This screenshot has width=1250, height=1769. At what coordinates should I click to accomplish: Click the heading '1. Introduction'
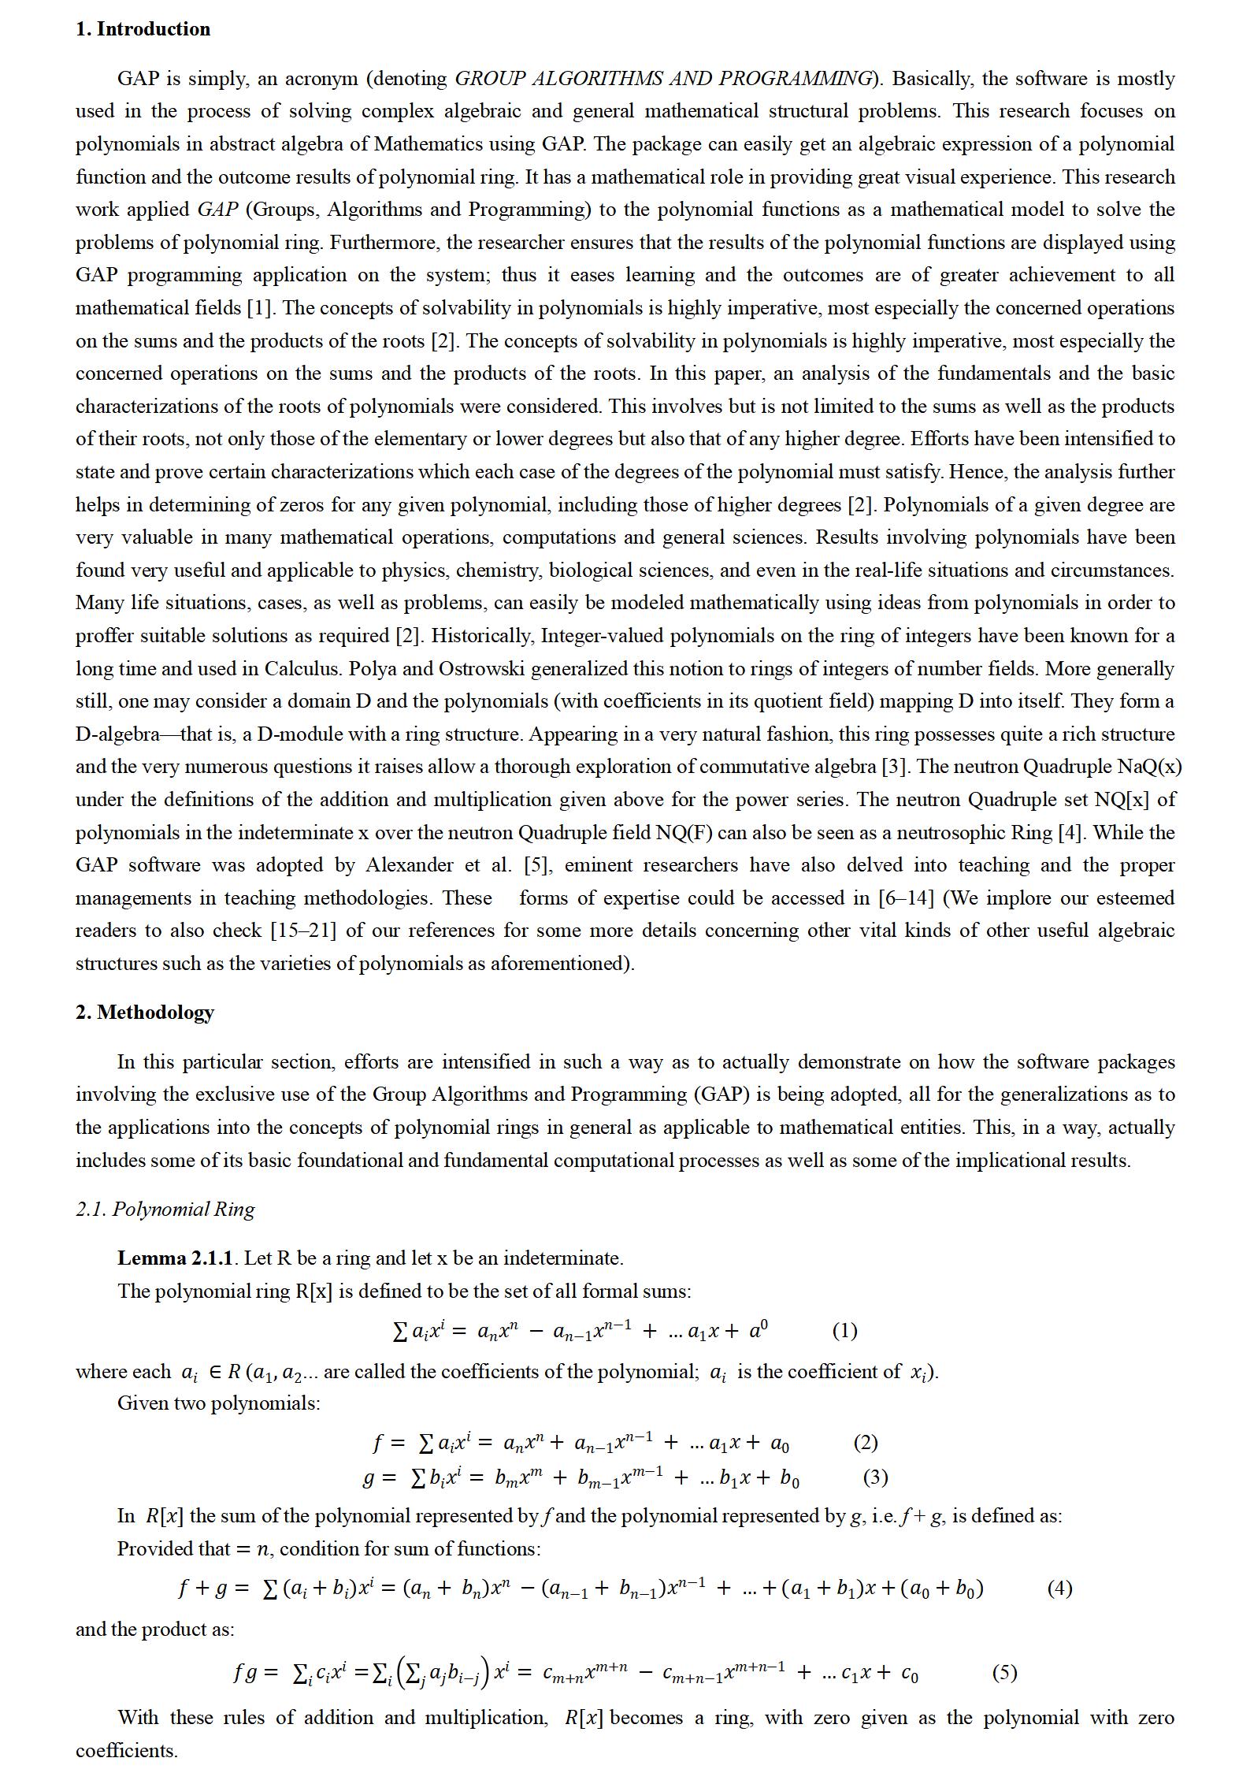pyautogui.click(x=143, y=29)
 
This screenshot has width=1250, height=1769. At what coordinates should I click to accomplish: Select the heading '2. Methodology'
pyautogui.click(x=144, y=1012)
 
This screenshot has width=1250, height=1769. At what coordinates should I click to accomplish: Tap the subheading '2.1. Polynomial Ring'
pyautogui.click(x=165, y=1209)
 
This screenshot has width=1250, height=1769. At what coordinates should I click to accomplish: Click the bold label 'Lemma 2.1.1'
pyautogui.click(x=175, y=1258)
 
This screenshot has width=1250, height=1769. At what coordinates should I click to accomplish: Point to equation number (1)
pyautogui.click(x=844, y=1331)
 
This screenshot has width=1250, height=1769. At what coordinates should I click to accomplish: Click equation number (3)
pyautogui.click(x=875, y=1477)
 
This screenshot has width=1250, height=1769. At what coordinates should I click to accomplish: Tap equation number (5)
pyautogui.click(x=1004, y=1672)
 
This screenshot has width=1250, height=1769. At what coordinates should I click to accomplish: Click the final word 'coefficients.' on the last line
pyautogui.click(x=126, y=1751)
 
